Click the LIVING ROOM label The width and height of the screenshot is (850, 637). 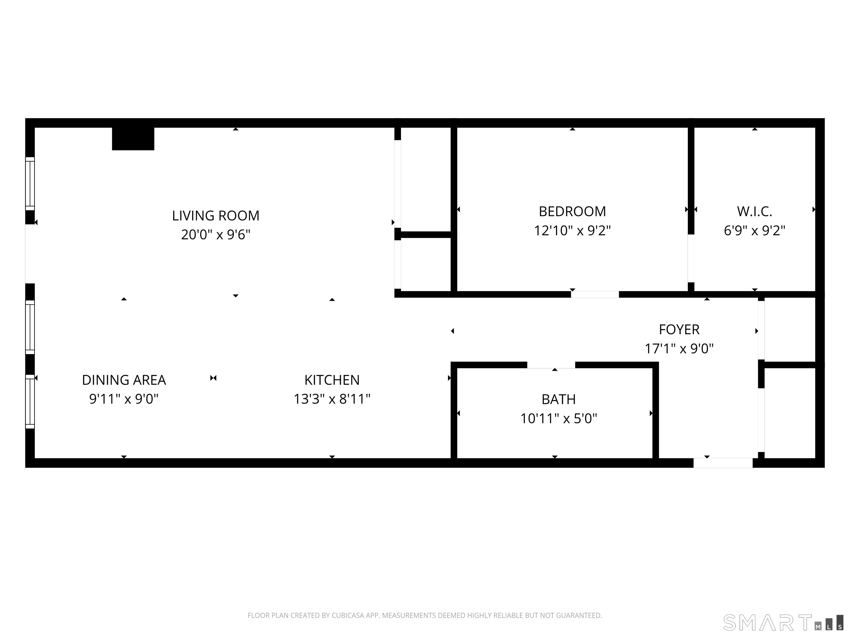(x=216, y=216)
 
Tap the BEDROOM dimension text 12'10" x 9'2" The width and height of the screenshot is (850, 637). (x=572, y=230)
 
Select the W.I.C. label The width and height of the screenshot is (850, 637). (x=754, y=212)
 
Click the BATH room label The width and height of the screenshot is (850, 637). (x=558, y=399)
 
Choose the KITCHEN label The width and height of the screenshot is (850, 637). (x=332, y=380)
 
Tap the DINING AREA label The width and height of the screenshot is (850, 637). (x=124, y=380)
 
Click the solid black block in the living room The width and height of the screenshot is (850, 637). (x=133, y=139)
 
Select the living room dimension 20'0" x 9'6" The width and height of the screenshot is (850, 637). (x=216, y=234)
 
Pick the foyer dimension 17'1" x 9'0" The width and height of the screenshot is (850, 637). (x=679, y=349)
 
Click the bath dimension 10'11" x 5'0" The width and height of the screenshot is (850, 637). (x=558, y=418)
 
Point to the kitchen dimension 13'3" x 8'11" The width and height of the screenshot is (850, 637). (x=332, y=399)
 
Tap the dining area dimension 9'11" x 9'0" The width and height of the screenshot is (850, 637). (x=124, y=399)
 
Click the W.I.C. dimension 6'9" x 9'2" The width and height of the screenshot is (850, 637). (x=754, y=230)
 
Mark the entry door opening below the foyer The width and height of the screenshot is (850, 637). (x=723, y=463)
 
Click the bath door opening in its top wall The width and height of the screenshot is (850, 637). (x=551, y=365)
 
